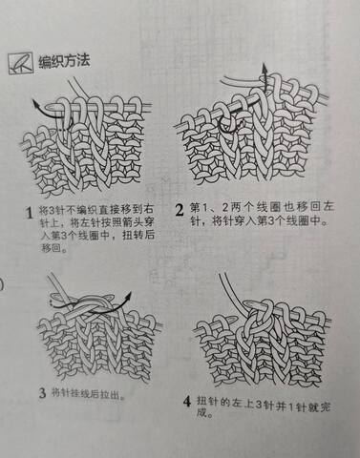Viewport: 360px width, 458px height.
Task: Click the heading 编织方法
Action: [x=64, y=61]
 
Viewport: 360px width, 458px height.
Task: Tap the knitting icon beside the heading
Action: [x=21, y=63]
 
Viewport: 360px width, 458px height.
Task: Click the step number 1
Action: [x=30, y=213]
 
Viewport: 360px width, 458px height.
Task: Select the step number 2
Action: [x=180, y=210]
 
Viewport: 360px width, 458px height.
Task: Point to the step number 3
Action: [x=43, y=393]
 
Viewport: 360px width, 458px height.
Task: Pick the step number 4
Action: [x=187, y=402]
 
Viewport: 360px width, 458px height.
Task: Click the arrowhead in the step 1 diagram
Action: [x=35, y=104]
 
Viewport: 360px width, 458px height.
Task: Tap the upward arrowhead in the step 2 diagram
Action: [x=265, y=68]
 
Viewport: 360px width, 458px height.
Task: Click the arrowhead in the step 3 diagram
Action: [x=128, y=296]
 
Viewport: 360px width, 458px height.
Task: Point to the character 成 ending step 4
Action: [x=201, y=413]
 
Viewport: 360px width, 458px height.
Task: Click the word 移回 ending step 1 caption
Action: [x=52, y=248]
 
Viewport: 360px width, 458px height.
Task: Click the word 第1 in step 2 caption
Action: [x=200, y=207]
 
